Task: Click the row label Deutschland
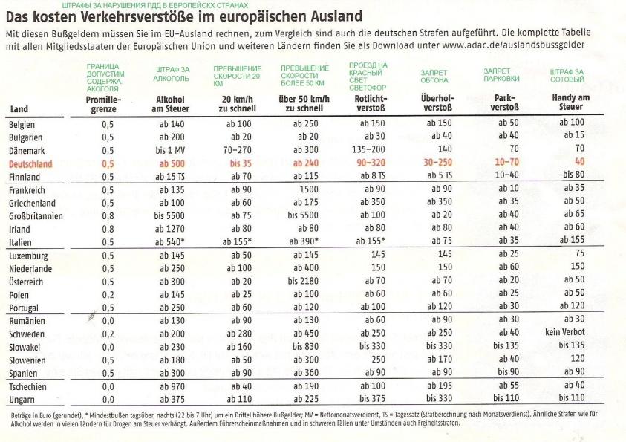click(x=30, y=164)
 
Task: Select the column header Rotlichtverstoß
click(x=371, y=103)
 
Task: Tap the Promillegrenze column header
click(x=103, y=104)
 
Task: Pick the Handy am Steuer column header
click(x=570, y=103)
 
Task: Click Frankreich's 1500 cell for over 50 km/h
click(x=309, y=189)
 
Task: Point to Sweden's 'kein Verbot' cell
click(x=565, y=332)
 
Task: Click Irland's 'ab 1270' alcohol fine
click(x=169, y=229)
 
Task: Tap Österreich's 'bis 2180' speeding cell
click(x=303, y=281)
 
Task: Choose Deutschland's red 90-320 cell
click(x=371, y=163)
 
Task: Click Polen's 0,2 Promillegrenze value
click(x=108, y=295)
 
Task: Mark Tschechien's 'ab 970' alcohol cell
click(x=172, y=386)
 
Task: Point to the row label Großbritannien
click(x=36, y=216)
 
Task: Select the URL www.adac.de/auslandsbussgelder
click(x=513, y=45)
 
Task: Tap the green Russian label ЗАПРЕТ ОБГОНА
click(x=434, y=77)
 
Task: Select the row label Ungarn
click(x=22, y=400)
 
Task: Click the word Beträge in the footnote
click(x=20, y=415)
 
